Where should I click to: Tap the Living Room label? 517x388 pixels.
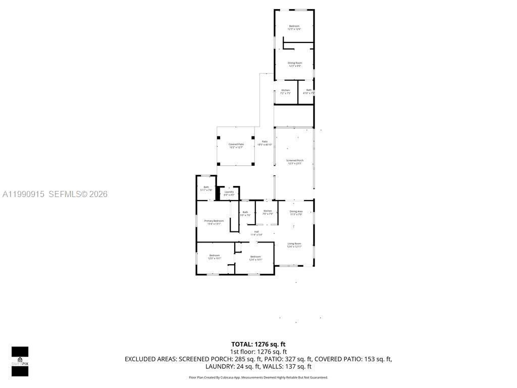coord(294,245)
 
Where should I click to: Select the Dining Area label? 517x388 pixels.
coord(296,213)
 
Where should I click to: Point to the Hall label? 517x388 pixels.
coord(256,233)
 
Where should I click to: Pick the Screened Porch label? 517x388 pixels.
coord(294,162)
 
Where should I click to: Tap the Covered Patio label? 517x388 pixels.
coord(236,145)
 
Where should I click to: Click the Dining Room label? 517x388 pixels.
coord(295,64)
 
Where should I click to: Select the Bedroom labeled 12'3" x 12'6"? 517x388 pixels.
coord(294,27)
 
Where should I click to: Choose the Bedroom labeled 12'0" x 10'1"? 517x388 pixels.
coord(215,257)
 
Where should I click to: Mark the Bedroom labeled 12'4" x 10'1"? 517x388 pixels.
coord(255,258)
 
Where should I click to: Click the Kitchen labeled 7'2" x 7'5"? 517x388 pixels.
coord(286,91)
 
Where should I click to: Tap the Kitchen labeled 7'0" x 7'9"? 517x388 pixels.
coord(268,212)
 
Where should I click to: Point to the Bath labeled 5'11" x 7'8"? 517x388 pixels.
coord(206,188)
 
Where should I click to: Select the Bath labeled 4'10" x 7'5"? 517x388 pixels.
coord(308,91)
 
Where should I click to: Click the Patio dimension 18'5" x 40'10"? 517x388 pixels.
coord(265,145)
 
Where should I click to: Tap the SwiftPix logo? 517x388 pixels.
coord(20,361)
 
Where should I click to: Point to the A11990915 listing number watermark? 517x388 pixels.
coord(24,194)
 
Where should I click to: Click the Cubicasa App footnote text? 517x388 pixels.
coord(258,377)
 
